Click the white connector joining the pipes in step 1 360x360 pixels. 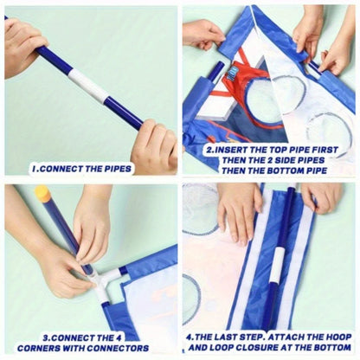click(x=90, y=87)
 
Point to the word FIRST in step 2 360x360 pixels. click(x=327, y=149)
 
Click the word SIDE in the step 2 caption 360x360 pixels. click(x=266, y=159)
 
